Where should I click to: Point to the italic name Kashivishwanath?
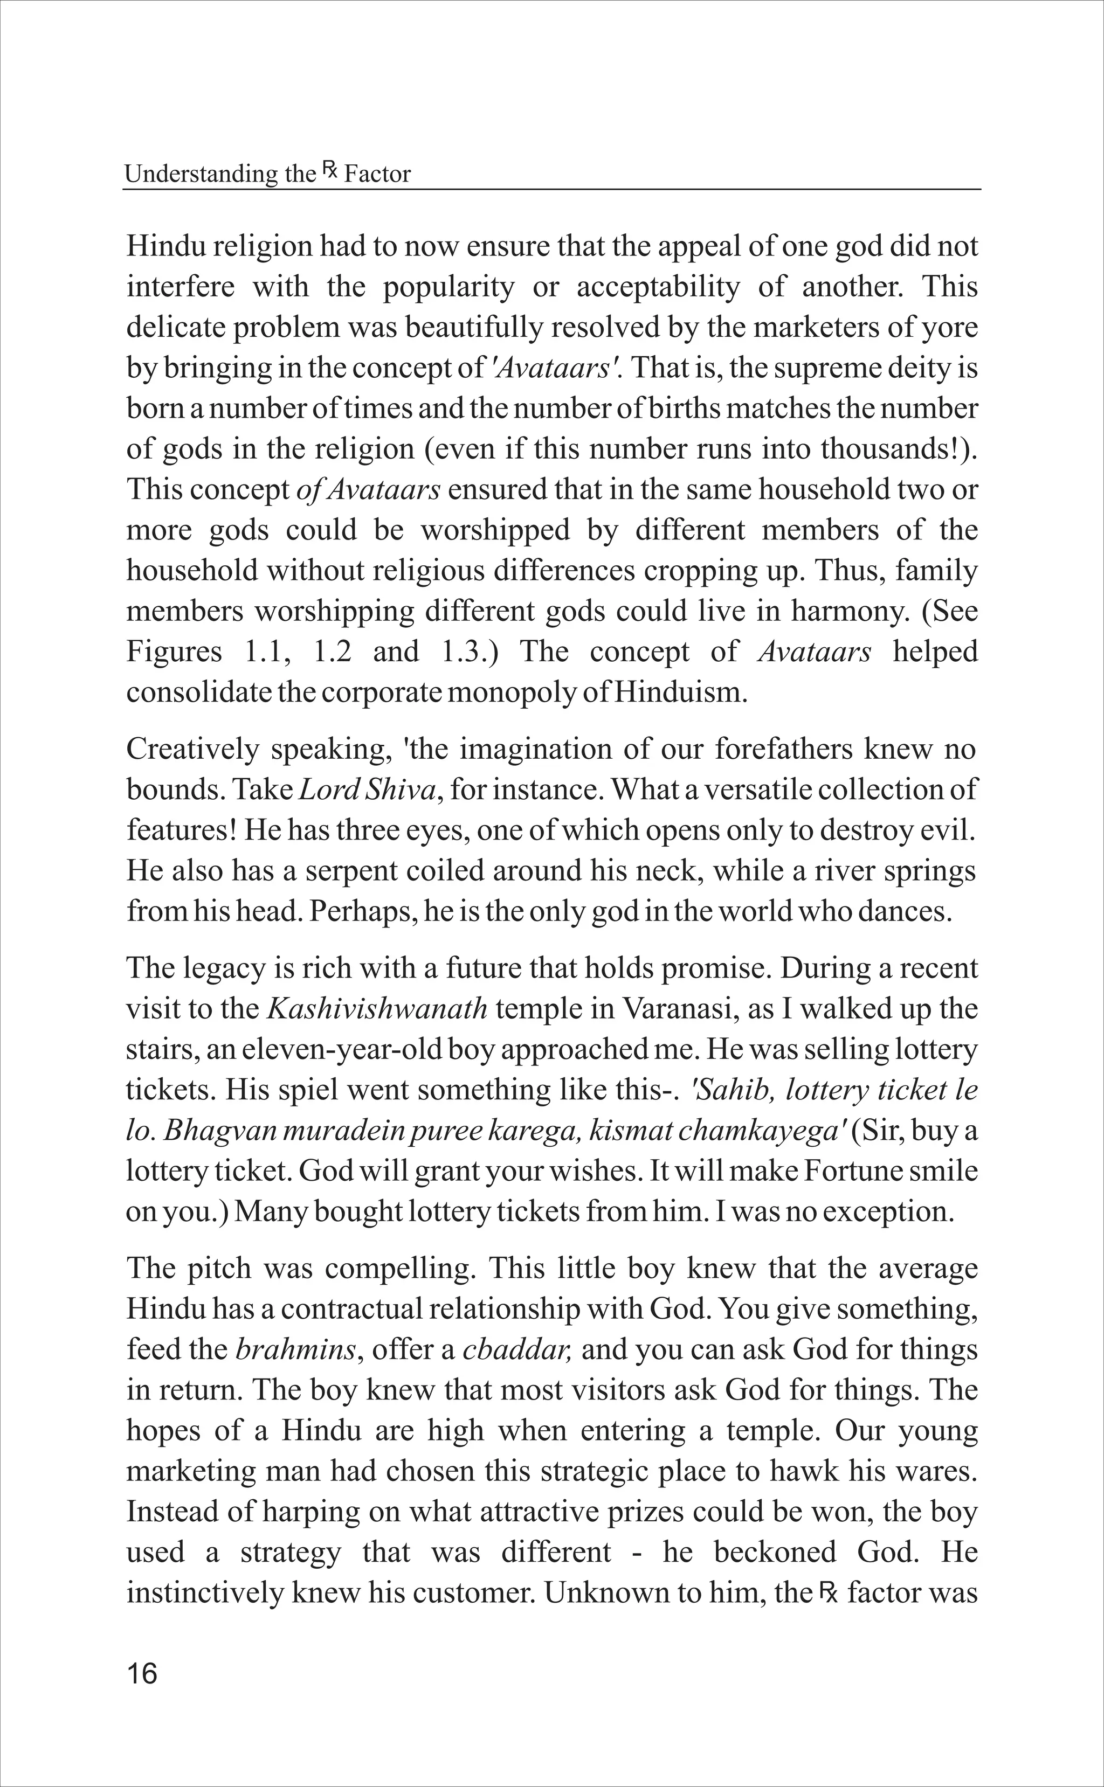[x=377, y=1009]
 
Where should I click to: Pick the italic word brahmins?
[x=296, y=1350]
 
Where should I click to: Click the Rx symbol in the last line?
[x=828, y=1591]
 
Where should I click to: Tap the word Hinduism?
[x=680, y=692]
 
